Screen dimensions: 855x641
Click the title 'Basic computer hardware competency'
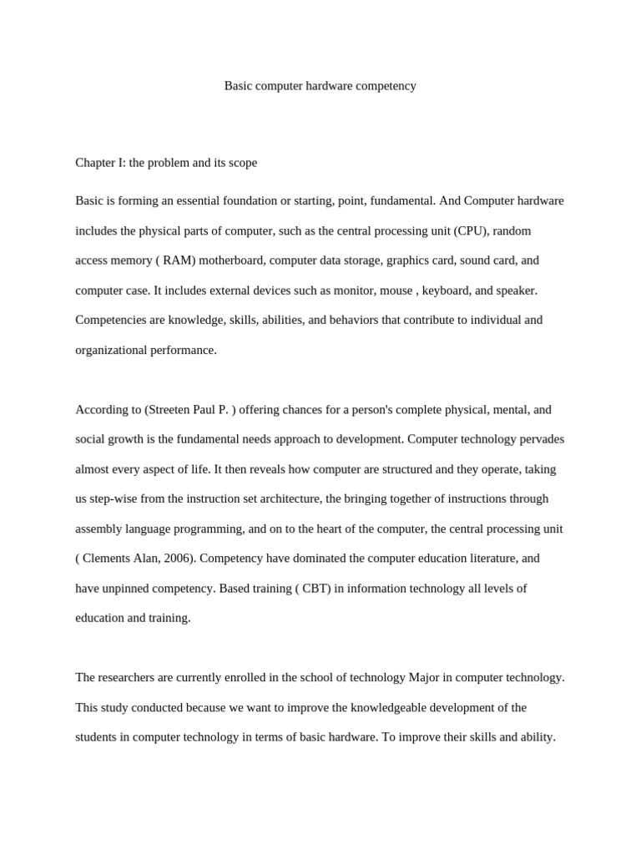320,86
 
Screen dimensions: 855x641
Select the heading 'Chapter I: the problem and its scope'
166,163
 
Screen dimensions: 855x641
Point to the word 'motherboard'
231,261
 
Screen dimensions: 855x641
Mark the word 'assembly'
99,529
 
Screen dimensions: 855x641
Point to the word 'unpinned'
128,589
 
